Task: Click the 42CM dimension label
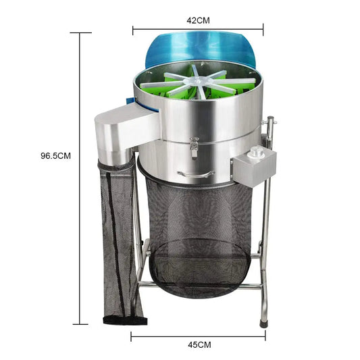click(x=198, y=20)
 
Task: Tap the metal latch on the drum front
click(x=194, y=147)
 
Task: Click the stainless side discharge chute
click(x=125, y=132)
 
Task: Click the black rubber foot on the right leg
click(x=263, y=324)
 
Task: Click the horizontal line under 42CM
click(x=198, y=29)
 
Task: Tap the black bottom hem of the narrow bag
click(x=122, y=319)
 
